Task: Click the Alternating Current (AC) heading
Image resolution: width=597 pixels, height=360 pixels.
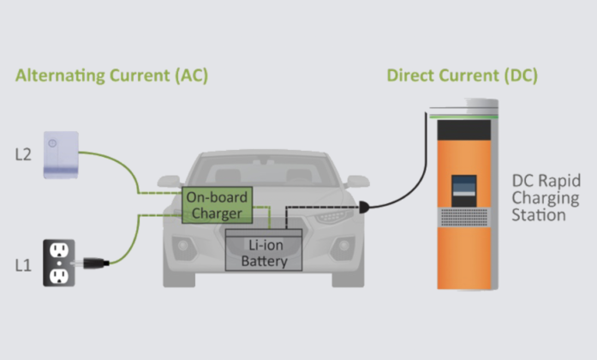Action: (x=112, y=75)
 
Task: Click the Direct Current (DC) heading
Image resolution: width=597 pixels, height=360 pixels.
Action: (x=462, y=75)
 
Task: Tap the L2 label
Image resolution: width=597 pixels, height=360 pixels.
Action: (x=23, y=155)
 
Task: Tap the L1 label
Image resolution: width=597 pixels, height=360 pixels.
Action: (x=23, y=264)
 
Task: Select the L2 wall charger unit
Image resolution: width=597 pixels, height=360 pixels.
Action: (x=61, y=154)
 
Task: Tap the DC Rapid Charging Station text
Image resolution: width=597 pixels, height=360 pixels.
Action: (x=546, y=197)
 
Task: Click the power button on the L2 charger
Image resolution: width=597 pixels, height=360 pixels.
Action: (x=52, y=144)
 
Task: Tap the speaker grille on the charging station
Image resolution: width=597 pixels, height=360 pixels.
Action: (x=463, y=217)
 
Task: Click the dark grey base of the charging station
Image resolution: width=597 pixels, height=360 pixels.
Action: (x=463, y=281)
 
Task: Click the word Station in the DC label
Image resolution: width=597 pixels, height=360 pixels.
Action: (x=539, y=214)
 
